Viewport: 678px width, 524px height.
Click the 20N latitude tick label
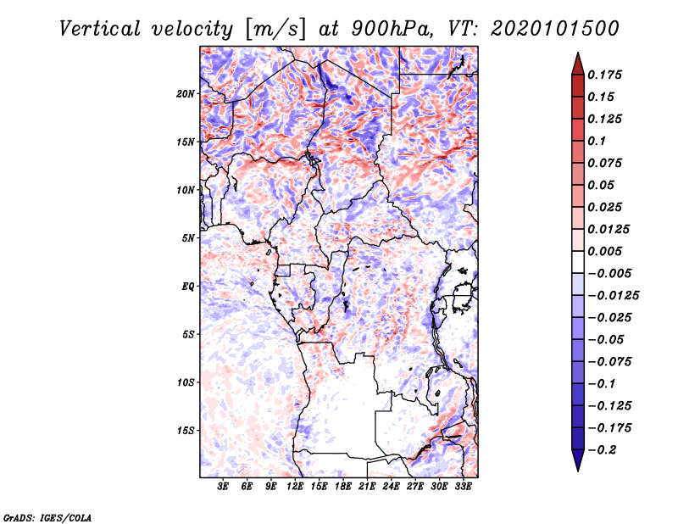[186, 93]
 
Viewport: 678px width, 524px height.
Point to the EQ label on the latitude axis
[188, 287]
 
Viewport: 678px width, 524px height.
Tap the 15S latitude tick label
[186, 431]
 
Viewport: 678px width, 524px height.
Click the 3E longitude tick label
[224, 487]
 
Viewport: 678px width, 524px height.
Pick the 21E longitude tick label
[367, 487]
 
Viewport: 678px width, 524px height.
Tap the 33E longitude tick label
[463, 487]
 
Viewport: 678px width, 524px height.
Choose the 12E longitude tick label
[295, 487]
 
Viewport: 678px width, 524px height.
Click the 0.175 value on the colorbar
[607, 75]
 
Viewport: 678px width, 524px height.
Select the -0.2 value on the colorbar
[607, 449]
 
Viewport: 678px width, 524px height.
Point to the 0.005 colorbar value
[607, 251]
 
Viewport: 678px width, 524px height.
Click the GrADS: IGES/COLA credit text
[47, 516]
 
